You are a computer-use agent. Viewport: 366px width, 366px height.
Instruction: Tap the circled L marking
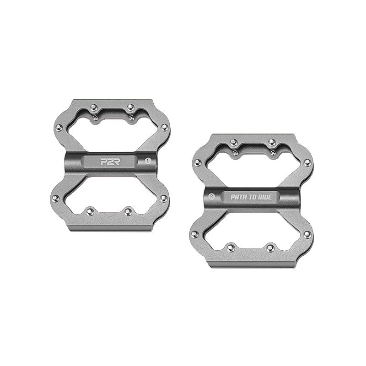[x=147, y=161]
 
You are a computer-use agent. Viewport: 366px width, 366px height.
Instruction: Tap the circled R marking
[x=211, y=196]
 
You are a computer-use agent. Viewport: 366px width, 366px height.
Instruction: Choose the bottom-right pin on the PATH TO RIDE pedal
[x=271, y=248]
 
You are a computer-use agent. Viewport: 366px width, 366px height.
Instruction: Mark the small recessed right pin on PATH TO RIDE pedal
[x=273, y=152]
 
